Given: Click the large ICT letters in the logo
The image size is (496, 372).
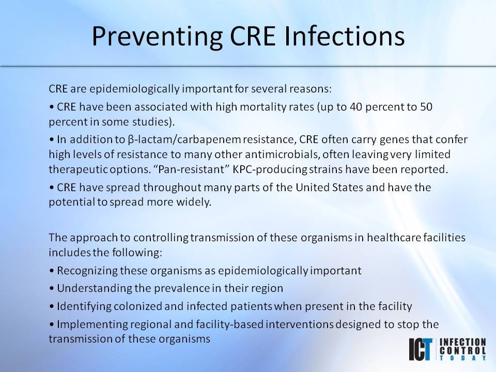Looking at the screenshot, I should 422,350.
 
